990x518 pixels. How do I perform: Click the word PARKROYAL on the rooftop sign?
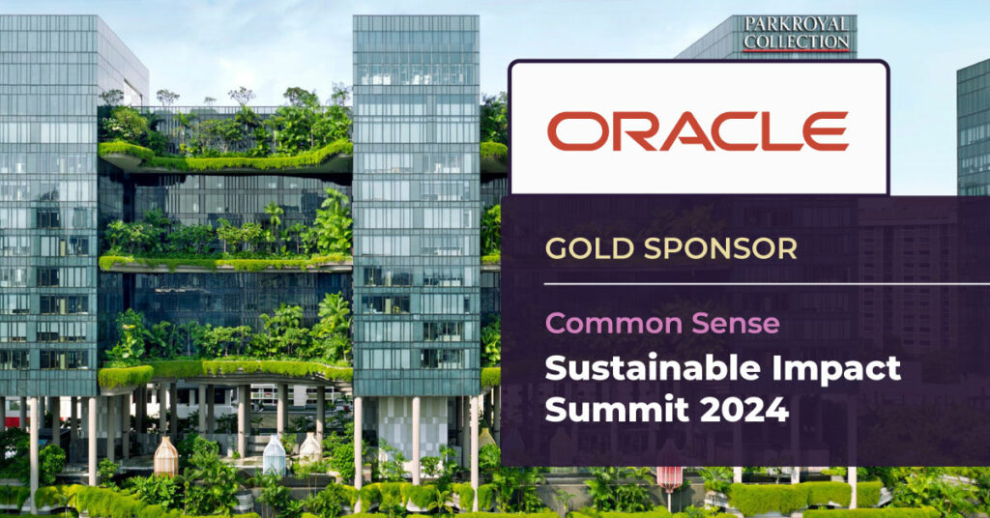[x=797, y=24]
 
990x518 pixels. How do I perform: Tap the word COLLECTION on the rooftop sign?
[x=797, y=41]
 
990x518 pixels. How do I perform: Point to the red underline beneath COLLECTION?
[x=797, y=50]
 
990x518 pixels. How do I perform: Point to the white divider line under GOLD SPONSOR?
[x=767, y=284]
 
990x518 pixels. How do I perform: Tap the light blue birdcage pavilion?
[x=274, y=455]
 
